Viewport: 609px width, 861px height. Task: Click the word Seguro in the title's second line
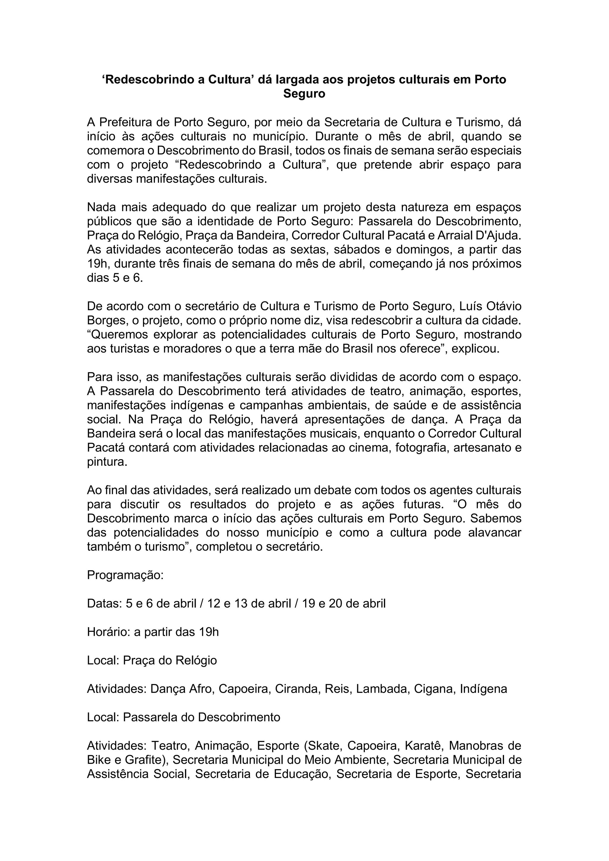coord(304,94)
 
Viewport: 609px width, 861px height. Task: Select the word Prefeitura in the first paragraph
coord(134,122)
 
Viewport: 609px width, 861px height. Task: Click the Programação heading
coord(125,575)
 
